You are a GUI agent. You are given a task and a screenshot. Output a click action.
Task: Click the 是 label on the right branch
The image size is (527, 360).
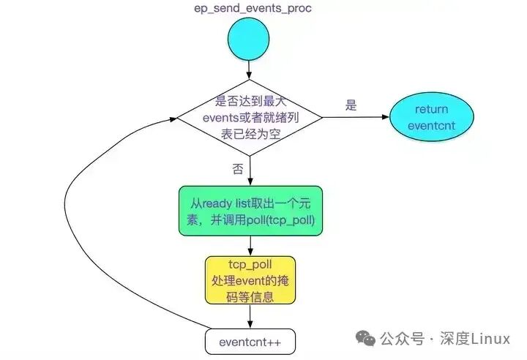pos(351,105)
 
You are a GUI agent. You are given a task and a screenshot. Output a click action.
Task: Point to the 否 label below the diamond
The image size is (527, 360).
pos(238,169)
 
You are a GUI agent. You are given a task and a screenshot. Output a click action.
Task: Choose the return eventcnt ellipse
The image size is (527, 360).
pos(431,117)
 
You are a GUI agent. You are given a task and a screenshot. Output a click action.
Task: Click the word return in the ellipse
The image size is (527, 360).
pos(431,109)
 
